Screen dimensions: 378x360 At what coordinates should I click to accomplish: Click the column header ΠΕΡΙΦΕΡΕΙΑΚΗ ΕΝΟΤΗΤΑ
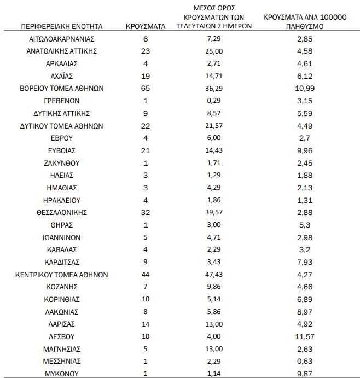(62, 26)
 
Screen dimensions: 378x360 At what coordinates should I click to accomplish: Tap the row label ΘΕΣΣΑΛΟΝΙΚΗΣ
(62, 212)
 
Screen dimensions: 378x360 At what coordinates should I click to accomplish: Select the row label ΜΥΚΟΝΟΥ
(62, 374)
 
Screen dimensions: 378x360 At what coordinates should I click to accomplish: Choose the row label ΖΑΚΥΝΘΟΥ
(62, 163)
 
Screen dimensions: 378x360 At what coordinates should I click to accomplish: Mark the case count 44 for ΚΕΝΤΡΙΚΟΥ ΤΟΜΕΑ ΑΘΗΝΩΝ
(146, 275)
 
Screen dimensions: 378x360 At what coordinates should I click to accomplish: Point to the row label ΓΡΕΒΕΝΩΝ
(62, 101)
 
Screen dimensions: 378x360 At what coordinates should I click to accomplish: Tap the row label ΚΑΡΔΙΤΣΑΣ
(62, 262)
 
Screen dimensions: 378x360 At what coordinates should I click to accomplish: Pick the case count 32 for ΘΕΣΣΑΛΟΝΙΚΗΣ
(146, 212)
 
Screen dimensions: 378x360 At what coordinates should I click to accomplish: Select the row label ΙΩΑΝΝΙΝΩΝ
(62, 237)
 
